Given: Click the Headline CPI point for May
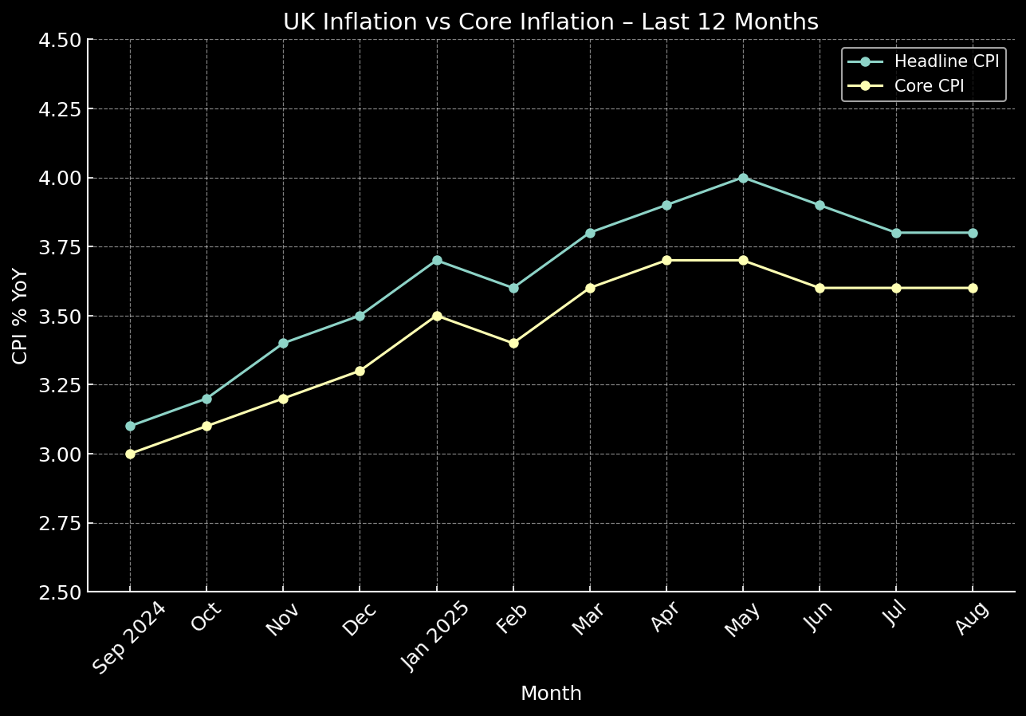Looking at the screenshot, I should (x=743, y=178).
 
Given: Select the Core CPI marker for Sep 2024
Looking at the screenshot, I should (x=130, y=454).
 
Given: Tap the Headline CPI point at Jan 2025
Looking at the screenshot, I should (x=437, y=260).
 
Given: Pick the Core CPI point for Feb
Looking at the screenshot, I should (x=513, y=343).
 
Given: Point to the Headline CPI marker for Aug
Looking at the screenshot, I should (x=973, y=233).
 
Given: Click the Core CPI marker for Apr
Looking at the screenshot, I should (x=666, y=260).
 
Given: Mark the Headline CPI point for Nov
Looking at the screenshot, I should (x=283, y=343).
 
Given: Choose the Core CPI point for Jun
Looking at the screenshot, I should (x=820, y=288).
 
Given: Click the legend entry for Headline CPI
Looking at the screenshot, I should (x=945, y=61).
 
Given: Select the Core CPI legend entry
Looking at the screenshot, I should (x=929, y=86).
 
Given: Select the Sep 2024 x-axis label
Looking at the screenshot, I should (x=130, y=638).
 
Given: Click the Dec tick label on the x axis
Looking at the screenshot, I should (x=360, y=620).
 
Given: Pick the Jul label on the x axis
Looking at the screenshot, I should (x=895, y=618).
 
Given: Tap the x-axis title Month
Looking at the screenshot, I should (x=551, y=694).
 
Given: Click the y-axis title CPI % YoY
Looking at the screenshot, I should (x=21, y=316).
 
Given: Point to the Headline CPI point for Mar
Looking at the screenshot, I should (x=590, y=233).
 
